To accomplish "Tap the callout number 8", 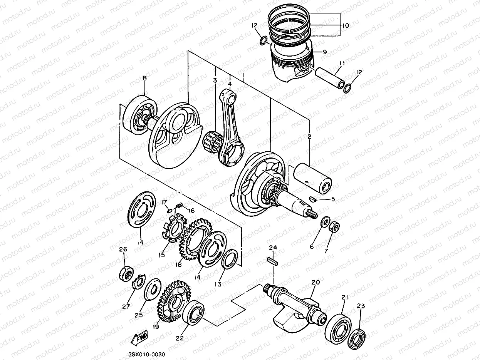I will coord(145,78).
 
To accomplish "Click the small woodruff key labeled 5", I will coord(314,199).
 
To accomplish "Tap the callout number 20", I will coord(316,282).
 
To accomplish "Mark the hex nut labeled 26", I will coord(125,273).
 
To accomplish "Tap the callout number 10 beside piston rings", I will coord(345,25).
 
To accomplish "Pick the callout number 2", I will coord(309,136).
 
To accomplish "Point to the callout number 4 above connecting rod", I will coord(230,84).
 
